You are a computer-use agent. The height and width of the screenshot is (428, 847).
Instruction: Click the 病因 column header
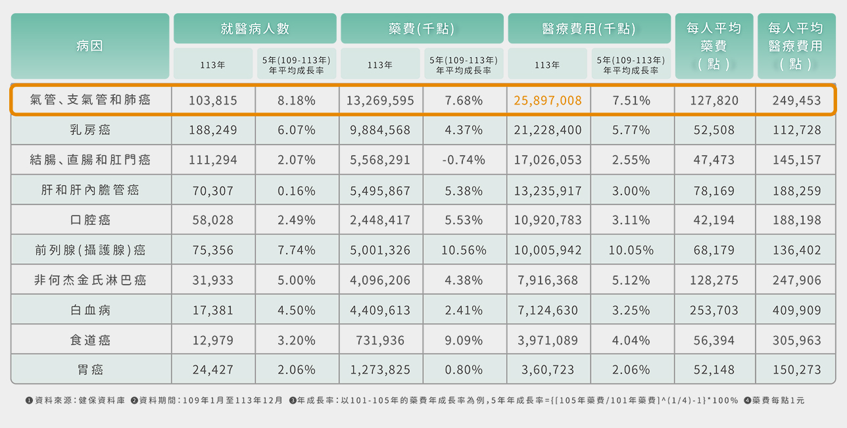click(x=90, y=46)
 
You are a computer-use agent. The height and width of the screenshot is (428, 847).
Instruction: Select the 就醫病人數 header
click(x=254, y=29)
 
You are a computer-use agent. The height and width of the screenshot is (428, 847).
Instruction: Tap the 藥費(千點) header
click(x=422, y=29)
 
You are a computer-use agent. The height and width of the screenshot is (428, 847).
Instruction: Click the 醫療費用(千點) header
click(x=589, y=29)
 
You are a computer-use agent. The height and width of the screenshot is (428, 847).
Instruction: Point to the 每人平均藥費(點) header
click(x=714, y=46)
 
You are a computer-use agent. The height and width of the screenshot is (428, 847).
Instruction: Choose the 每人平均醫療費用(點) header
click(x=796, y=46)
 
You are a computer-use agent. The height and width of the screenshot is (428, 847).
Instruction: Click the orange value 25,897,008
click(x=548, y=101)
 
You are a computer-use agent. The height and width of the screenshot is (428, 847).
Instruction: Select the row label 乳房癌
click(x=90, y=130)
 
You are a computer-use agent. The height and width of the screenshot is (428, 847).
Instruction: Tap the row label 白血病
click(x=90, y=310)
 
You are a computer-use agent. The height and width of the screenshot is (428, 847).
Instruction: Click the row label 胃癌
click(x=90, y=370)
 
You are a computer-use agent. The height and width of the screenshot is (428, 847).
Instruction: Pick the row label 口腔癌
click(x=90, y=220)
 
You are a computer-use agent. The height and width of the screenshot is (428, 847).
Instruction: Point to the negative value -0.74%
click(x=464, y=160)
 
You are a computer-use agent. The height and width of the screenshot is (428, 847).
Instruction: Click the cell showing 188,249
click(x=213, y=130)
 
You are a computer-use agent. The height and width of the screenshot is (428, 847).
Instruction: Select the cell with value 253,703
click(x=714, y=310)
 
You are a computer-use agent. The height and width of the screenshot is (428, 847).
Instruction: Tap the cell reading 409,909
click(x=796, y=310)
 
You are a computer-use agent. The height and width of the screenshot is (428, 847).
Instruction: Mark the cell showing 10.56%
click(x=464, y=250)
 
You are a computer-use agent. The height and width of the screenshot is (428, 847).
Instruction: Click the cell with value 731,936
click(x=380, y=341)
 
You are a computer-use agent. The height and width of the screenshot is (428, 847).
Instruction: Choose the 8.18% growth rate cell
click(x=296, y=101)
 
